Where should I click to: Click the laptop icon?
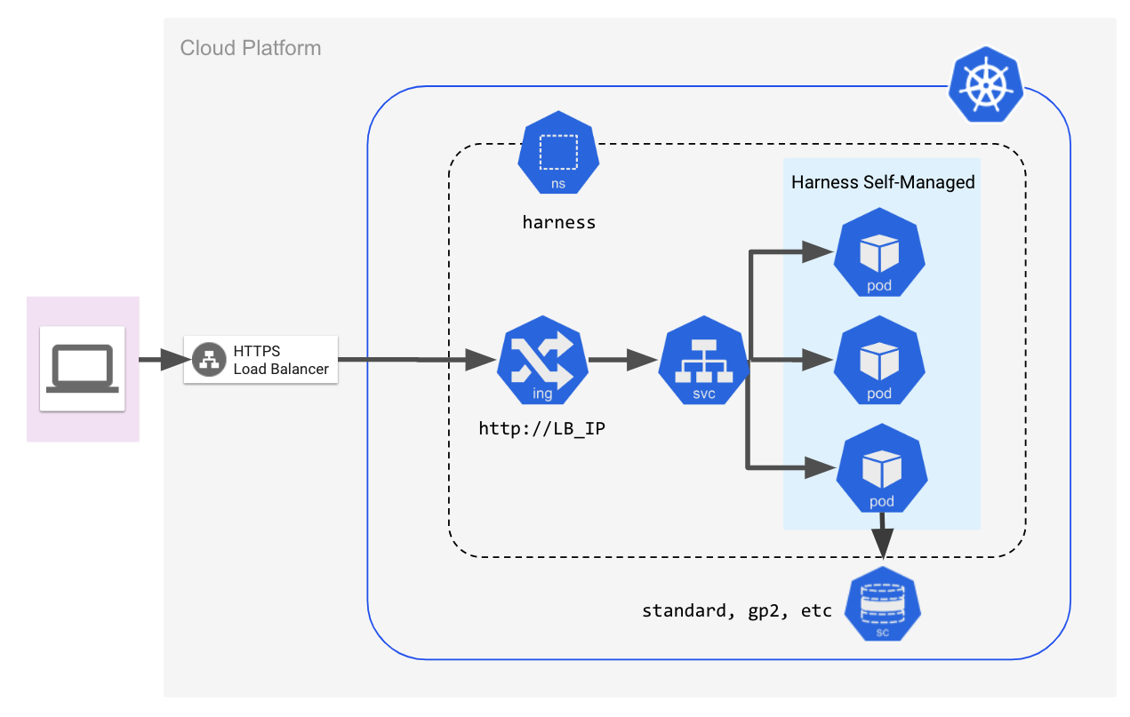82,368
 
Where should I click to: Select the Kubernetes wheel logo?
986,84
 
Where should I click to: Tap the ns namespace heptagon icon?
558,153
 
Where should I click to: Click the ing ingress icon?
542,360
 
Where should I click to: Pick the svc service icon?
704,360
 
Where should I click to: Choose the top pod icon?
879,252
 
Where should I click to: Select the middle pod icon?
879,360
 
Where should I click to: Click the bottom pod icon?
882,468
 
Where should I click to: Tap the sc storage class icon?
882,604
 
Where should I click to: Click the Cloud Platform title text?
250,48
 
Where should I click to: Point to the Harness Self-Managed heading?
883,182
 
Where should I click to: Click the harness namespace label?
559,222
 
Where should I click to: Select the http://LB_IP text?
541,428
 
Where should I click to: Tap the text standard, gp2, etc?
736,611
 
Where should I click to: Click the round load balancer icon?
209,360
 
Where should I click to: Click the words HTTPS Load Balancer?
281,360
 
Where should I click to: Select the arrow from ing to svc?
623,360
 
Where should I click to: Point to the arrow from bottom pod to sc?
882,536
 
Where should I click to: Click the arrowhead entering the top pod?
817,251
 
